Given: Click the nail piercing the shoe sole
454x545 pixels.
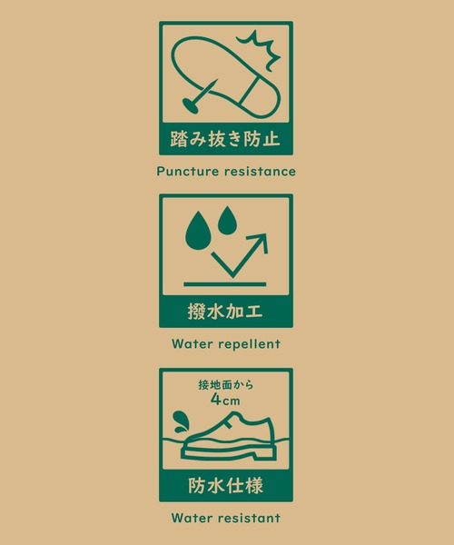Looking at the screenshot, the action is click(x=201, y=95).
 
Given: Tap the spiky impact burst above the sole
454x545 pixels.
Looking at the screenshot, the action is click(x=259, y=49).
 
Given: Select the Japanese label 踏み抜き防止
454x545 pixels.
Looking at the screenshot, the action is click(x=225, y=139).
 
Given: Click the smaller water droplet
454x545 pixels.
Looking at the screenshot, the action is click(x=227, y=221).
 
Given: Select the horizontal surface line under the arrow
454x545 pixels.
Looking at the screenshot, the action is click(x=225, y=284).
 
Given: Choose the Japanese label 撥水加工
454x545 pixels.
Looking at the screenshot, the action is click(x=225, y=311).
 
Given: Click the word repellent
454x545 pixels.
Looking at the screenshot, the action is click(x=249, y=344).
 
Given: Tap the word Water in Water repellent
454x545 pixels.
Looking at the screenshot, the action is click(x=192, y=344).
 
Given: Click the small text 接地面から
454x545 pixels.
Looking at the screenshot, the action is click(x=226, y=385).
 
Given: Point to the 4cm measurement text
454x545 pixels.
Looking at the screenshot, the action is click(x=225, y=400).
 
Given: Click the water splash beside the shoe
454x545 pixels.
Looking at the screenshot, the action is click(x=182, y=422).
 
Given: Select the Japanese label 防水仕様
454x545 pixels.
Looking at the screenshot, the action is click(x=225, y=486).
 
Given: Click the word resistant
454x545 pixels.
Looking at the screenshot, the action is click(x=249, y=518).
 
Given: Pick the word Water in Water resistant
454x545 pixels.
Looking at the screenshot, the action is click(x=192, y=518).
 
